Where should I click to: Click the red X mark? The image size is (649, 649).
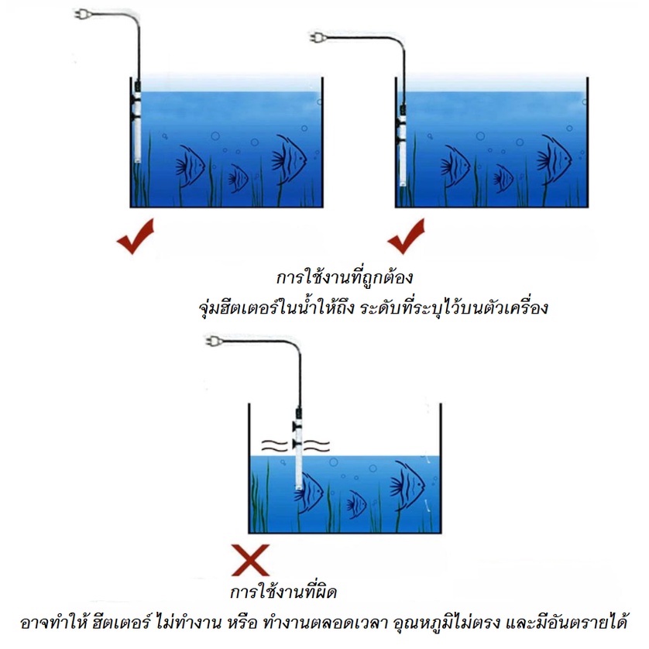pos(250,560)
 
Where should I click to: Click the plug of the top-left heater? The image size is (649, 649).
pos(82,15)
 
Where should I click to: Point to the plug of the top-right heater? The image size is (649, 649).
pos(318,38)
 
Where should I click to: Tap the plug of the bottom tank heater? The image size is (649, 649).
pos(214,342)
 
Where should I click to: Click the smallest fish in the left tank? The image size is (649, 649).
pos(238,179)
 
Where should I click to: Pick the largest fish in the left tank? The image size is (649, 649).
pos(290,160)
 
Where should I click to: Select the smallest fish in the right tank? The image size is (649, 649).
pos(503,179)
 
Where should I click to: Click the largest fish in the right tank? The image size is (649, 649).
pos(555,160)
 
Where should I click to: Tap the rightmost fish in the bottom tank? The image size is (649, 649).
pos(407,486)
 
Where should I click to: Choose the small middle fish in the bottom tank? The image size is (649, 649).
pos(356,505)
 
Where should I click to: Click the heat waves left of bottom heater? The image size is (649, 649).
pos(274,446)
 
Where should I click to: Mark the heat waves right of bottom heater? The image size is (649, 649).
pos(317,446)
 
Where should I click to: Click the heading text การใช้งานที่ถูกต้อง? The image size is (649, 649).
pos(345,276)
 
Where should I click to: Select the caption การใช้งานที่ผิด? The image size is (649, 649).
pos(283,591)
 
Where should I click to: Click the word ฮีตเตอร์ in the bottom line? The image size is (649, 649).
pos(121,622)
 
